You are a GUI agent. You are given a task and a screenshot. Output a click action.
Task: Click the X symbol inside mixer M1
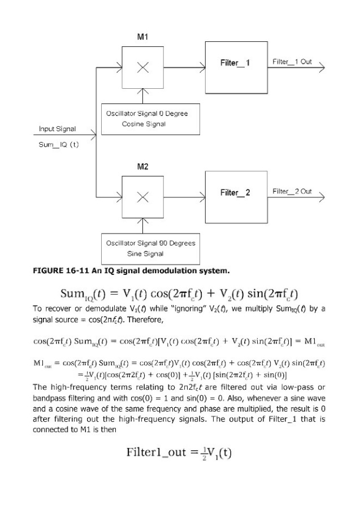[143, 67]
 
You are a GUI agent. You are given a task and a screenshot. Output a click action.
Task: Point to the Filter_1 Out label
[292, 61]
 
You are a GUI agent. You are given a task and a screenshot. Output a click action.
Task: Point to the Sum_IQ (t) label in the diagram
[58, 145]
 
